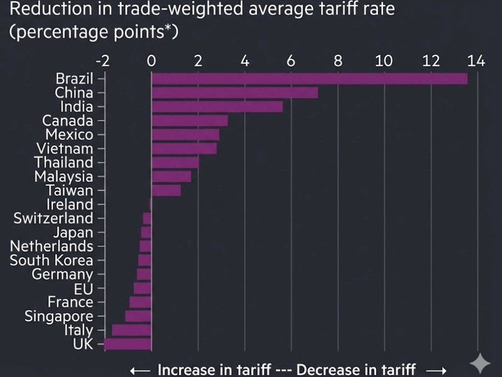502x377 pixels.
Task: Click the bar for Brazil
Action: click(x=309, y=79)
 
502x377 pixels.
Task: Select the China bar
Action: click(x=235, y=93)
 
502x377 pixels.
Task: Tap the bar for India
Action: click(x=217, y=107)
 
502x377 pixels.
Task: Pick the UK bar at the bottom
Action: click(x=128, y=344)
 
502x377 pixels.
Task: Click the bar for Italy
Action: click(x=132, y=330)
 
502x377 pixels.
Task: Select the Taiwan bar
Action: click(x=166, y=191)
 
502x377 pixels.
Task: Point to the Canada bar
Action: click(x=189, y=121)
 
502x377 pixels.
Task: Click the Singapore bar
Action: click(x=138, y=316)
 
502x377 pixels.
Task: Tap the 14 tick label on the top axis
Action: click(x=476, y=61)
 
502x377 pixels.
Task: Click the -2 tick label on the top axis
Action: click(x=103, y=61)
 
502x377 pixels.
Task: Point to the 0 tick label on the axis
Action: click(x=151, y=61)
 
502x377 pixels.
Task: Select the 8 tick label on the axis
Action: click(x=338, y=61)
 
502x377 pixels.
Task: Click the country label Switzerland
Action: click(x=54, y=218)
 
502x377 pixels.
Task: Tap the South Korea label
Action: click(x=51, y=260)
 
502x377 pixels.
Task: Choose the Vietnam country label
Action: click(x=65, y=149)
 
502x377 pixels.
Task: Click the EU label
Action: click(x=84, y=288)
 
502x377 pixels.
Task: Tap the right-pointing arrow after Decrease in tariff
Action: click(x=435, y=370)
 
